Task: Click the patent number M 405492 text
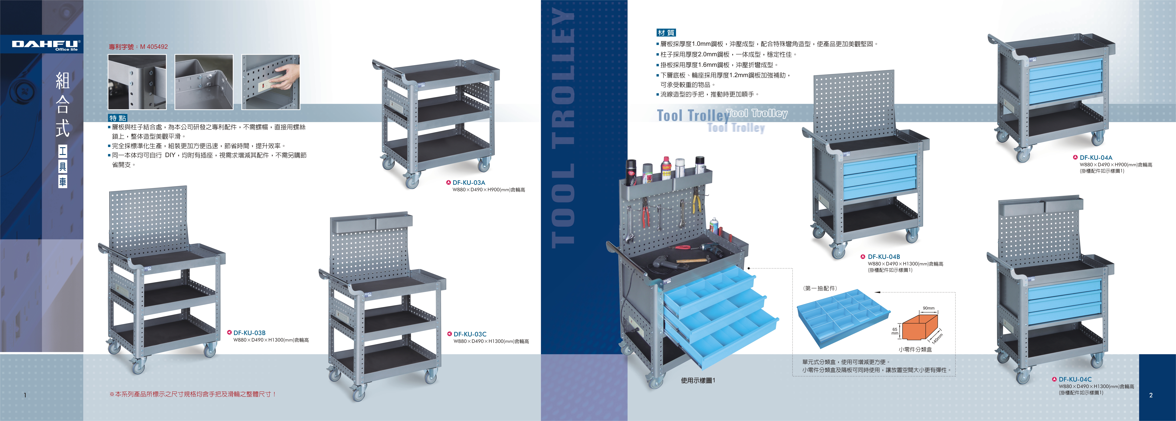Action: click(138, 47)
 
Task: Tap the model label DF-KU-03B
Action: click(249, 333)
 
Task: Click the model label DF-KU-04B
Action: click(883, 257)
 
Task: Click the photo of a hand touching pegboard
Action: click(271, 82)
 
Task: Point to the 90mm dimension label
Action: click(929, 308)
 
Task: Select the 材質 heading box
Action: click(666, 32)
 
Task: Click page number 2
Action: click(1151, 395)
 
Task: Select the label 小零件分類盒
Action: click(915, 349)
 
